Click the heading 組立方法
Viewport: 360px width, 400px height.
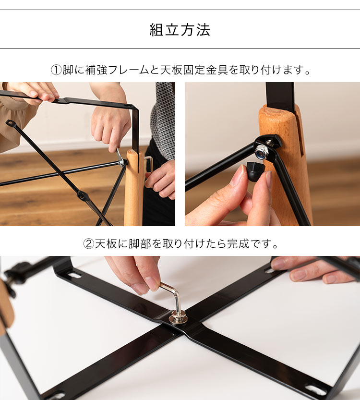coord(180,30)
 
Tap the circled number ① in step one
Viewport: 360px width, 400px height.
coord(56,70)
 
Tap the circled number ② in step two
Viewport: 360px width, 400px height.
coord(88,244)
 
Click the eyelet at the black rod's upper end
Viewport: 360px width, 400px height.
coord(10,123)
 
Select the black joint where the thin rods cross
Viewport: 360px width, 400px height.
coord(83,196)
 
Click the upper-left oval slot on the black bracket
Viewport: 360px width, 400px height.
coord(74,276)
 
